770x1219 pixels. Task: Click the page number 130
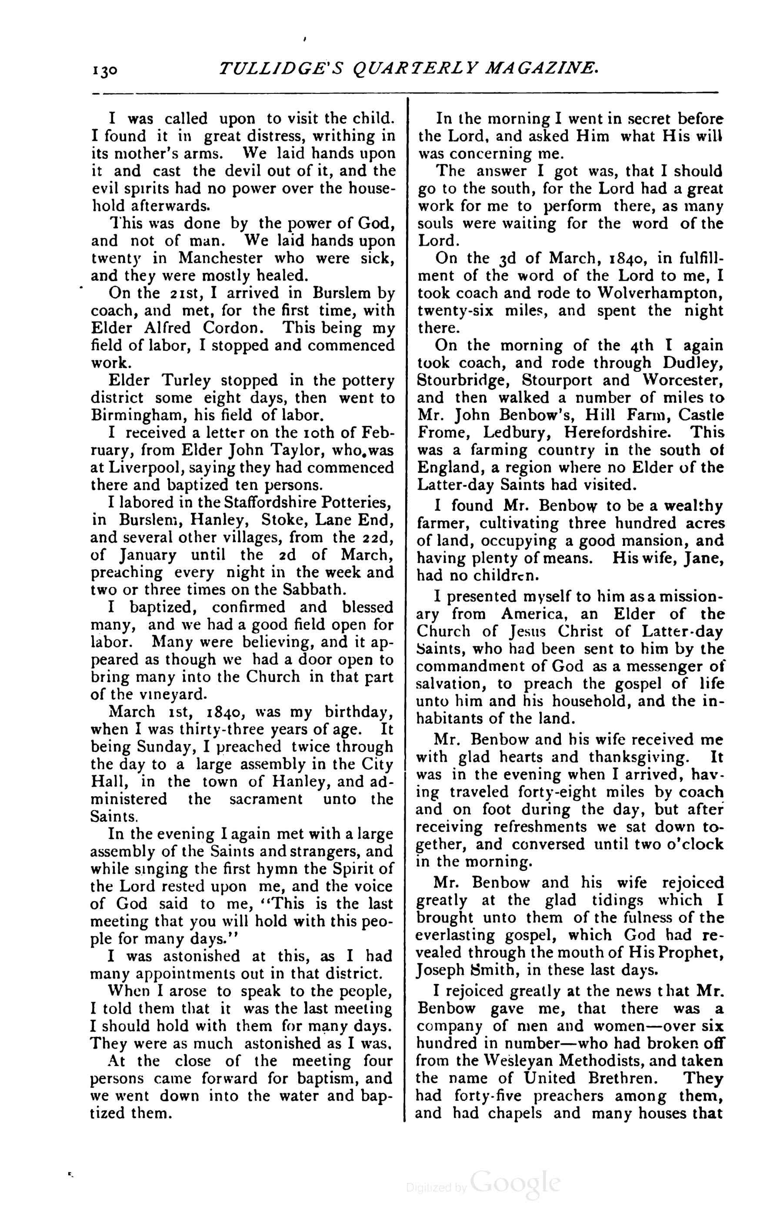pyautogui.click(x=105, y=70)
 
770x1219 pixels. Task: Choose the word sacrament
pyautogui.click(x=266, y=799)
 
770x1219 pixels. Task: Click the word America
pyautogui.click(x=536, y=614)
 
